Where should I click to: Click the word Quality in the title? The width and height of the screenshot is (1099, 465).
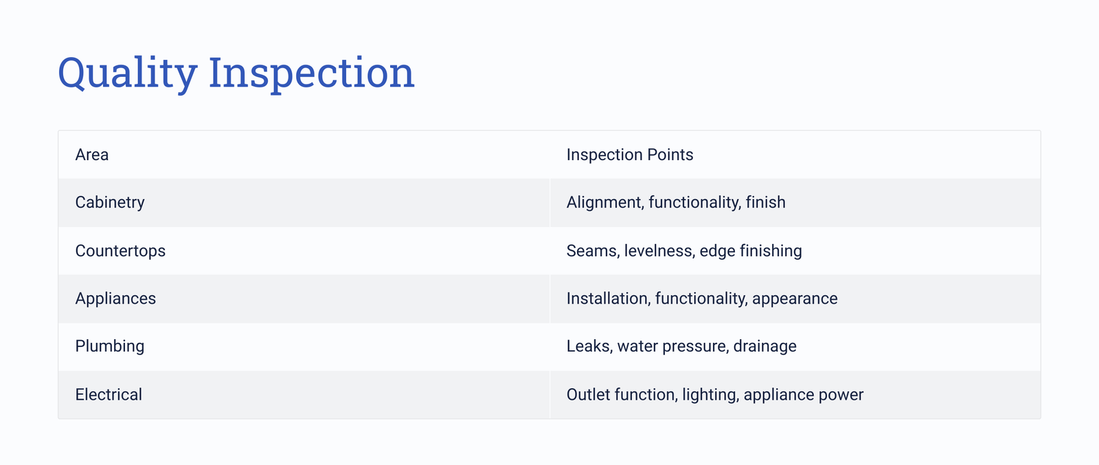point(128,73)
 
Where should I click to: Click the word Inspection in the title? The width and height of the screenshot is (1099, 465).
point(312,73)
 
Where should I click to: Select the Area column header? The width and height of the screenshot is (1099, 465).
point(92,155)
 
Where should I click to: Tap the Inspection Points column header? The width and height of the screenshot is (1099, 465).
point(630,155)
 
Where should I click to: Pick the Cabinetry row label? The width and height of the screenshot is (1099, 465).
point(110,203)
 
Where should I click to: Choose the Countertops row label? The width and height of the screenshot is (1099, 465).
point(120,251)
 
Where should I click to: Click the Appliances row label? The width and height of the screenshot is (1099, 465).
point(115,299)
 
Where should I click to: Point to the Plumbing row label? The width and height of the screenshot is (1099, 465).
point(109,346)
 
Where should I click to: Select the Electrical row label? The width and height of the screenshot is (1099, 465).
point(109,394)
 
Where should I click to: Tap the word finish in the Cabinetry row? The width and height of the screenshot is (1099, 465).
point(765,202)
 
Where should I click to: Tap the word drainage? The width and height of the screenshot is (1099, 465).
point(765,346)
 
